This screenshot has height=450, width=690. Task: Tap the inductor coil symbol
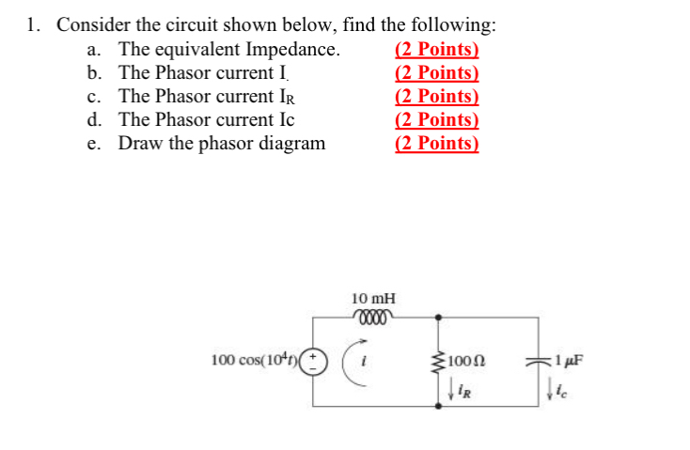tap(373, 315)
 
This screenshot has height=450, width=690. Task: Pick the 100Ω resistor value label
tap(466, 361)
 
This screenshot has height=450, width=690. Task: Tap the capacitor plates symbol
tap(539, 361)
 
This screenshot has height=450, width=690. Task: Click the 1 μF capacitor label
tap(570, 360)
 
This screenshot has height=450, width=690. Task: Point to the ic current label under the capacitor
tap(562, 385)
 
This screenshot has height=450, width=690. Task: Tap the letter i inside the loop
tap(374, 360)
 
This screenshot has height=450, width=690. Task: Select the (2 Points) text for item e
tap(436, 144)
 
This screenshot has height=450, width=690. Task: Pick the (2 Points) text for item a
tap(436, 51)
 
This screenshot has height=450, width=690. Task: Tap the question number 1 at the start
tap(33, 25)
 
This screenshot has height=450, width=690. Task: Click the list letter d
tap(93, 120)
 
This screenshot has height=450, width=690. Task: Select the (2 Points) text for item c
tap(436, 97)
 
